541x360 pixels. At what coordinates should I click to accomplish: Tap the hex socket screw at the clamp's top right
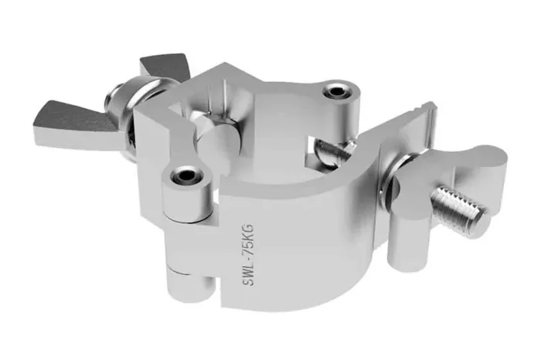335,91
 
